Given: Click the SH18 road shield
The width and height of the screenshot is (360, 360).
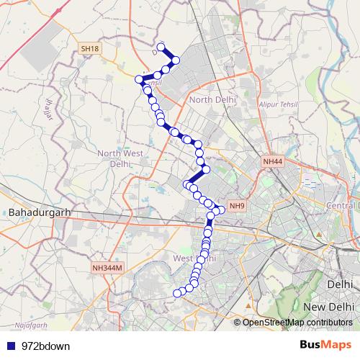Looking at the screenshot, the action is (x=90, y=48).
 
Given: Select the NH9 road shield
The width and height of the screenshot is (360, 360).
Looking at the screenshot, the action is (x=237, y=206).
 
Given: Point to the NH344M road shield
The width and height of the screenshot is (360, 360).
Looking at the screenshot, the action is (x=109, y=268).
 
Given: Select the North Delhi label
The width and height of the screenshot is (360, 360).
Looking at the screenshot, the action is (x=209, y=99).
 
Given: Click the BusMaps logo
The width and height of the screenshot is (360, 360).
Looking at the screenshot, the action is (x=325, y=345).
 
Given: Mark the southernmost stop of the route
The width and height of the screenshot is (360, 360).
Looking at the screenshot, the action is (x=177, y=292).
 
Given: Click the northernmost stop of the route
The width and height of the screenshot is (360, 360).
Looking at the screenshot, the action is (x=161, y=48).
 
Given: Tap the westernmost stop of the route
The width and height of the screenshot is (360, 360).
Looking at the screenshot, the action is (x=140, y=79).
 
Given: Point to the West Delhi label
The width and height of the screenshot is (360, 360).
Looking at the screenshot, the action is (x=194, y=258).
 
